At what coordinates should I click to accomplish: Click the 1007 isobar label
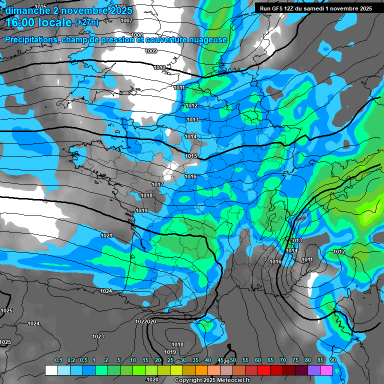pyautogui.click(x=126, y=20)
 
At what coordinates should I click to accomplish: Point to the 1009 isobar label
pyautogui.click(x=151, y=51)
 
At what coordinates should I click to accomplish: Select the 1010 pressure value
pyautogui.click(x=160, y=67)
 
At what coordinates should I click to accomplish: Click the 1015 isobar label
pyautogui.click(x=191, y=156)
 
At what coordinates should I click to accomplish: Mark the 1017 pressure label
pyautogui.click(x=158, y=185)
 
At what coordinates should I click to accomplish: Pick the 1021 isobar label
pyautogui.click(x=106, y=235)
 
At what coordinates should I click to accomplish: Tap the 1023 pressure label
pyautogui.click(x=98, y=336)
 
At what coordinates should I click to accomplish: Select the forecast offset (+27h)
pyautogui.click(x=87, y=22)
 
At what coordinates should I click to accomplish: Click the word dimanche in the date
pyautogui.click(x=27, y=10)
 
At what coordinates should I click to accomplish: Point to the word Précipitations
pyautogui.click(x=32, y=39)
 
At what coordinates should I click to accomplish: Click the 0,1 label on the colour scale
pyautogui.click(x=58, y=360)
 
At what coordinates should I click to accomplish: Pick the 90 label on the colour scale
pyautogui.click(x=332, y=360)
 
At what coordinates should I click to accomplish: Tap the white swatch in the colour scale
pyautogui.click(x=51, y=370)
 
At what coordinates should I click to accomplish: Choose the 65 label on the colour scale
pyautogui.click(x=270, y=360)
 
